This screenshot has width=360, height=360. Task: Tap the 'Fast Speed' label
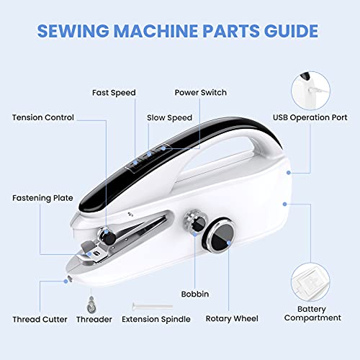pyautogui.click(x=114, y=93)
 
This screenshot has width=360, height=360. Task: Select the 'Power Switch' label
pyautogui.click(x=202, y=93)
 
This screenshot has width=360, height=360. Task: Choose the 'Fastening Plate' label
pyautogui.click(x=42, y=197)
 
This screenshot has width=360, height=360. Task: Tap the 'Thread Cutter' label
pyautogui.click(x=40, y=319)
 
